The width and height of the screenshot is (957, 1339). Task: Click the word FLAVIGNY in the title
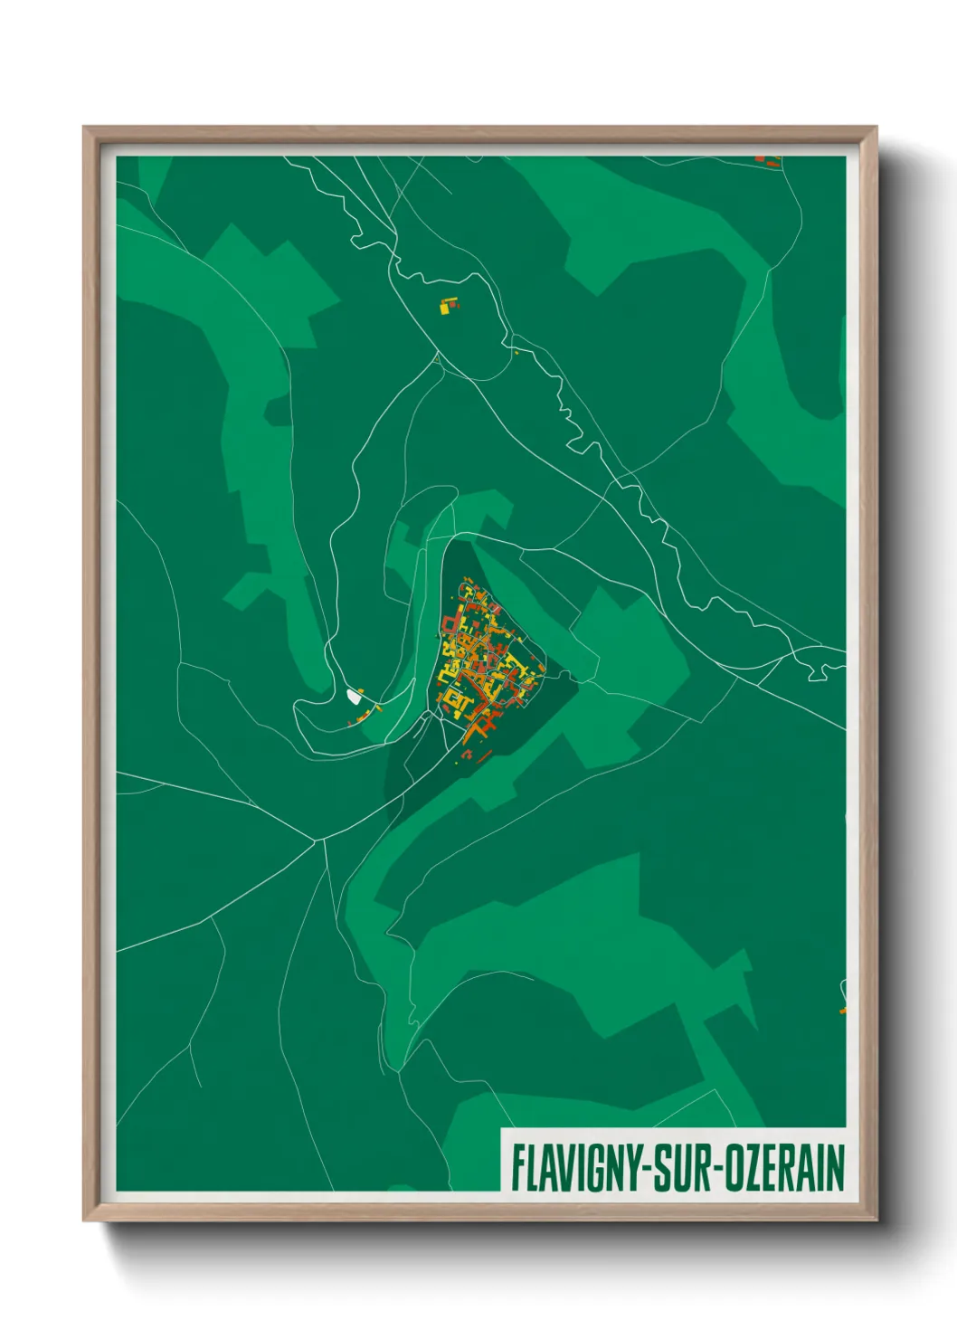[575, 1168]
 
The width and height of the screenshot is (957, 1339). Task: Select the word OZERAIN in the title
[782, 1168]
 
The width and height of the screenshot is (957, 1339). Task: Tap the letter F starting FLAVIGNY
[518, 1168]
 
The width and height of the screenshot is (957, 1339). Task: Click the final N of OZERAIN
[835, 1168]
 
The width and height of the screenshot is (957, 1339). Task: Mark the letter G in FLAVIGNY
[595, 1168]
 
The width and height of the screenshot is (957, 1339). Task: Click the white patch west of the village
[354, 696]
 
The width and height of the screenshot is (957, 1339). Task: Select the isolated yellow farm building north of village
[447, 306]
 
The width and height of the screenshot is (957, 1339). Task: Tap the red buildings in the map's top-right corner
[769, 161]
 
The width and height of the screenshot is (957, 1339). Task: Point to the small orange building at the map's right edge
[842, 1008]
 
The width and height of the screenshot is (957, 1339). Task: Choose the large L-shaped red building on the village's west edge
[450, 624]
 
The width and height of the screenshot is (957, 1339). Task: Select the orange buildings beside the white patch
[365, 715]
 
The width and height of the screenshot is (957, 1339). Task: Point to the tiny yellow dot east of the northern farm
[516, 351]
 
